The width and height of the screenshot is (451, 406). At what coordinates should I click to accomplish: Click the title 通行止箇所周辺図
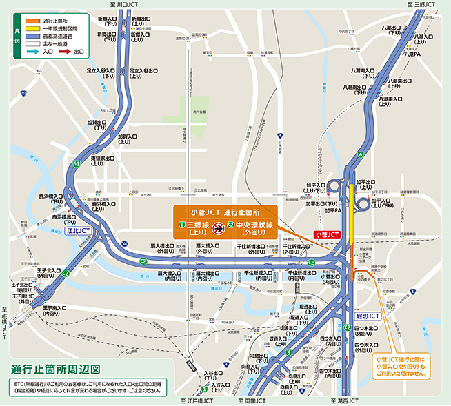[56, 369]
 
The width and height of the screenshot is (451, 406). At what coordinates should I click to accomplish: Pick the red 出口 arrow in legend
[62, 51]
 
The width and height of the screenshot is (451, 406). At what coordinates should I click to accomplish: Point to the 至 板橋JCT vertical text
[4, 323]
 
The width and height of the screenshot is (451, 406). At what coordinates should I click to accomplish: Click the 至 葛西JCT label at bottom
[341, 400]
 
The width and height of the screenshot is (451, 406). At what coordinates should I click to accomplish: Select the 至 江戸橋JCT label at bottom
[197, 400]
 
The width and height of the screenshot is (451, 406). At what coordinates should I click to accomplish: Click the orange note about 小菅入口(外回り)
[402, 366]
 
